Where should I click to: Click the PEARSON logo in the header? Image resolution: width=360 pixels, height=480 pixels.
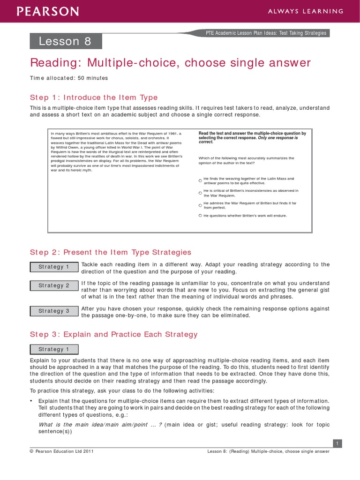click(x=49, y=11)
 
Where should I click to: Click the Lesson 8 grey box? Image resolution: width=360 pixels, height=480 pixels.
click(x=66, y=41)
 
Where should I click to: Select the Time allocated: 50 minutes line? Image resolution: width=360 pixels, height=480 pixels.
click(x=69, y=78)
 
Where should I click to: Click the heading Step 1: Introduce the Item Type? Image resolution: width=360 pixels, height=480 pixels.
click(x=94, y=97)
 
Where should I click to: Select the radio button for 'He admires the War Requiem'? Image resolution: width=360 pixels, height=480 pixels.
click(x=200, y=205)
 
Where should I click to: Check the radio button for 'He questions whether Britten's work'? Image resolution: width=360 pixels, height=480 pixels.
click(x=200, y=216)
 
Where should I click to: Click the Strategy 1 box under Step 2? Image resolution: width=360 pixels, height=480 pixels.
click(x=54, y=267)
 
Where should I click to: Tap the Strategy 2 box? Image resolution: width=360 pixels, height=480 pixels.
click(x=54, y=285)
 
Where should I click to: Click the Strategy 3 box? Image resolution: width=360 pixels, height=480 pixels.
click(x=54, y=311)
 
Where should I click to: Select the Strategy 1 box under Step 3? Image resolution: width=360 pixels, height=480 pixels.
click(x=54, y=349)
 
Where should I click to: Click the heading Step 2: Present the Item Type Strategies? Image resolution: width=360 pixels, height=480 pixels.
click(x=111, y=252)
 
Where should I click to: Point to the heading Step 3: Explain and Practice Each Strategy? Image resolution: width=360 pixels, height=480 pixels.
click(x=114, y=334)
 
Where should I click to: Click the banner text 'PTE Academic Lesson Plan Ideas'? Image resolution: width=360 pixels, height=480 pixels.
click(x=267, y=33)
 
